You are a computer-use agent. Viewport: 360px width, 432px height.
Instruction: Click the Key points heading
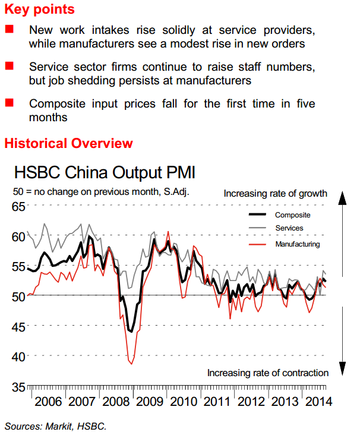point(39,10)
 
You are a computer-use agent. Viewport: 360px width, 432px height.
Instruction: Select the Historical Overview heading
point(68,143)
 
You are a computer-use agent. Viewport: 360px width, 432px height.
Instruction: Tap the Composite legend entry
point(292,215)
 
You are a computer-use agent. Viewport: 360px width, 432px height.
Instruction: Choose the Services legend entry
point(289,228)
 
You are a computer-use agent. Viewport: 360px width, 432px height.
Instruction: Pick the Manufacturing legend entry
point(298,244)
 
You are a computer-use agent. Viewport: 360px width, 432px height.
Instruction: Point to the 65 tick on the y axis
point(17,207)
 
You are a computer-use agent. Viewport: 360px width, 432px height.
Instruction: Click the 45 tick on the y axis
point(17,326)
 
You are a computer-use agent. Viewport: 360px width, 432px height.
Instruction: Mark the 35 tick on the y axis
point(17,386)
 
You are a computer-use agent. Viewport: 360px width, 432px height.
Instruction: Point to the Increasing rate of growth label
point(276,193)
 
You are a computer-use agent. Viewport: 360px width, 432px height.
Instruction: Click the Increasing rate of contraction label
point(267,373)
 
